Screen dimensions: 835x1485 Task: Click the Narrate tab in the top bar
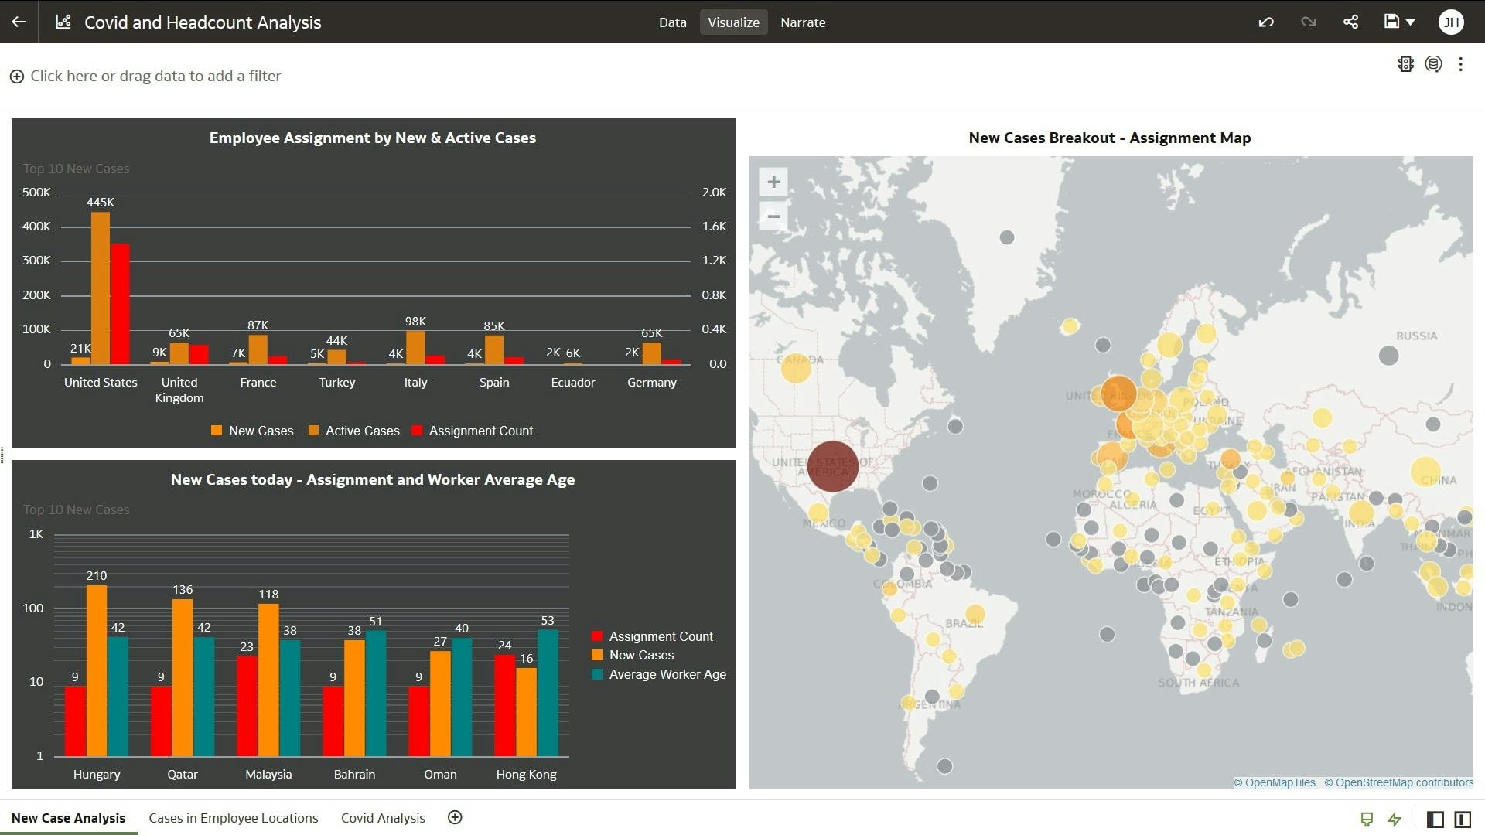click(803, 22)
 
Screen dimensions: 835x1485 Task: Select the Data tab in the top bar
click(672, 22)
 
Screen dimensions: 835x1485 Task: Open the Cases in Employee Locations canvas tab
click(233, 818)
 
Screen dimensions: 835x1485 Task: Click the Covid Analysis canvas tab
click(383, 818)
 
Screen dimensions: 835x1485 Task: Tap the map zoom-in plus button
click(773, 182)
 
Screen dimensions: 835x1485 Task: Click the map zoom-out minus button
click(773, 216)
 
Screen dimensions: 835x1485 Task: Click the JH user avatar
click(1451, 22)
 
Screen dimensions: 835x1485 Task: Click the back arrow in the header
click(19, 22)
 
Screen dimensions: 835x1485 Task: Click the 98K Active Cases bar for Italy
click(415, 347)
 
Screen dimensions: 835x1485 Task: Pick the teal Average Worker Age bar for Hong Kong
click(548, 692)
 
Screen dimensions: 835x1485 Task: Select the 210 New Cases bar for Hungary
click(97, 670)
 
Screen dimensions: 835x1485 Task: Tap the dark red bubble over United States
click(833, 466)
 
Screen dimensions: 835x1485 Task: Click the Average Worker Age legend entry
click(667, 675)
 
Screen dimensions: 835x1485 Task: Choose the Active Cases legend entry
click(362, 431)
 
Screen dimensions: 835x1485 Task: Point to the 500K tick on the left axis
click(36, 193)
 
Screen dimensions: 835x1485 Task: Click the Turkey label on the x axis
click(337, 383)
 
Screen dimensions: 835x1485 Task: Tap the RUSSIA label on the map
click(1416, 336)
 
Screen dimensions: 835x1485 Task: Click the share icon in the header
click(1350, 22)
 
